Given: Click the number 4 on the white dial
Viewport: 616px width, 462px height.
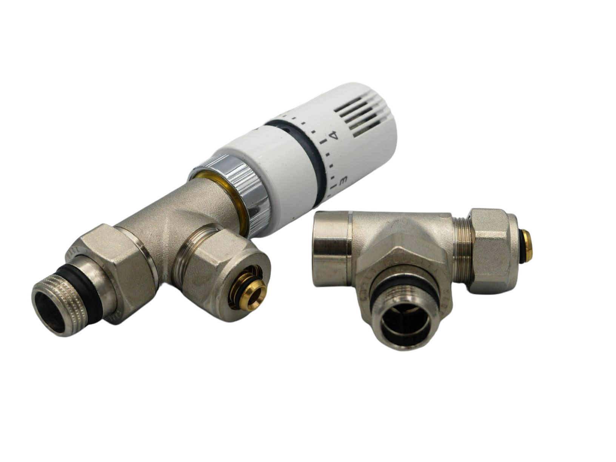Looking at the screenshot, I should (333, 135).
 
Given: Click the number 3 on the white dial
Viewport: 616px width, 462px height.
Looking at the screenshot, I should (343, 181).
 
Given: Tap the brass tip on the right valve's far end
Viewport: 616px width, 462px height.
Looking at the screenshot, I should (526, 246).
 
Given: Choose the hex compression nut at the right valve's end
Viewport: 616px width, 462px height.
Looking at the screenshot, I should (491, 251).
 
